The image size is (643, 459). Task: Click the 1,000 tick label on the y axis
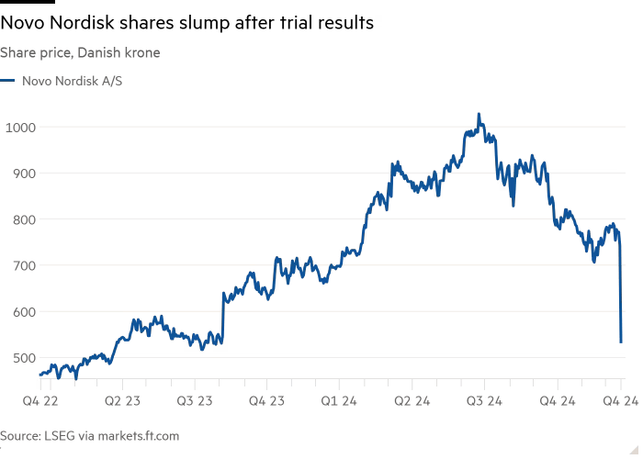22,129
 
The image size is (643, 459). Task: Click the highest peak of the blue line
478,114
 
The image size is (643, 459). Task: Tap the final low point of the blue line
622,341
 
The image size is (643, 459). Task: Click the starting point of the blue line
39,375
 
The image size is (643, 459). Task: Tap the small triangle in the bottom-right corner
633,450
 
